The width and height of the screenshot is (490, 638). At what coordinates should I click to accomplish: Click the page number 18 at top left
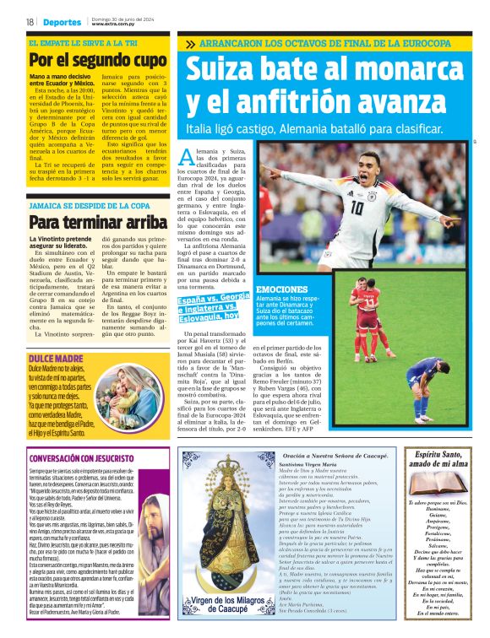click(29, 22)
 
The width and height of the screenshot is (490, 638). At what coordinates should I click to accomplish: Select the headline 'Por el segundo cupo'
click(97, 60)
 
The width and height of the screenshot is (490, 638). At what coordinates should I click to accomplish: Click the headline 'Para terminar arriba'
click(97, 223)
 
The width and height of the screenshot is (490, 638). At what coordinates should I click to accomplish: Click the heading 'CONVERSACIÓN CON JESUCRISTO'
click(84, 459)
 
